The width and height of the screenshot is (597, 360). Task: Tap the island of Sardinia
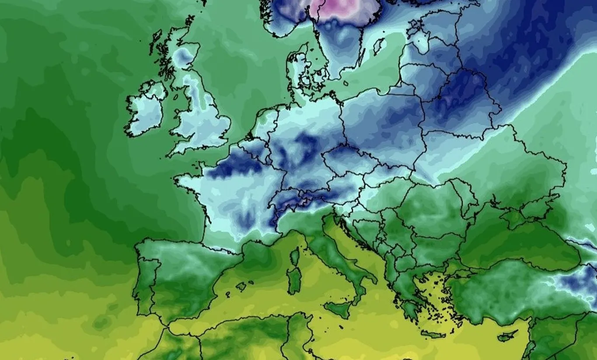click(x=294, y=280)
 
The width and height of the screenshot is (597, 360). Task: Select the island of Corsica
click(x=296, y=256)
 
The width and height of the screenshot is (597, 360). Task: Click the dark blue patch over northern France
click(x=232, y=166)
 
